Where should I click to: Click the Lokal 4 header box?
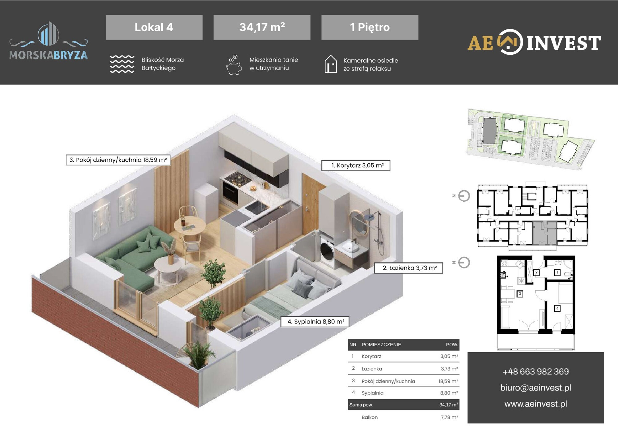pos(154,27)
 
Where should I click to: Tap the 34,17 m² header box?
pos(262,27)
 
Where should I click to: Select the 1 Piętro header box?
pos(370,27)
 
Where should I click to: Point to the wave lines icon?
pos(122,64)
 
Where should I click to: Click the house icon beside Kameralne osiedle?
pos(331,64)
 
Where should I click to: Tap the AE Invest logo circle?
pos(510,42)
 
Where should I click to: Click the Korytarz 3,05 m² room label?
pos(356,165)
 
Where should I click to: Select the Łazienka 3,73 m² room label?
pos(408,268)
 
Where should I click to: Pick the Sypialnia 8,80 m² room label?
pos(315,322)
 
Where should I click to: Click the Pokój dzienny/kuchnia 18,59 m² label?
pos(118,160)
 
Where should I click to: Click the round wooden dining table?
pos(189,225)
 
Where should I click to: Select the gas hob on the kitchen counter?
pos(238,178)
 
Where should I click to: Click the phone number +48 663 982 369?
pos(535,371)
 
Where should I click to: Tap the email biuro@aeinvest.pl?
pos(535,388)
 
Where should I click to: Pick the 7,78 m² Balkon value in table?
pos(449,417)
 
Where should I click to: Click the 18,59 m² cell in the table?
pos(448,381)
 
